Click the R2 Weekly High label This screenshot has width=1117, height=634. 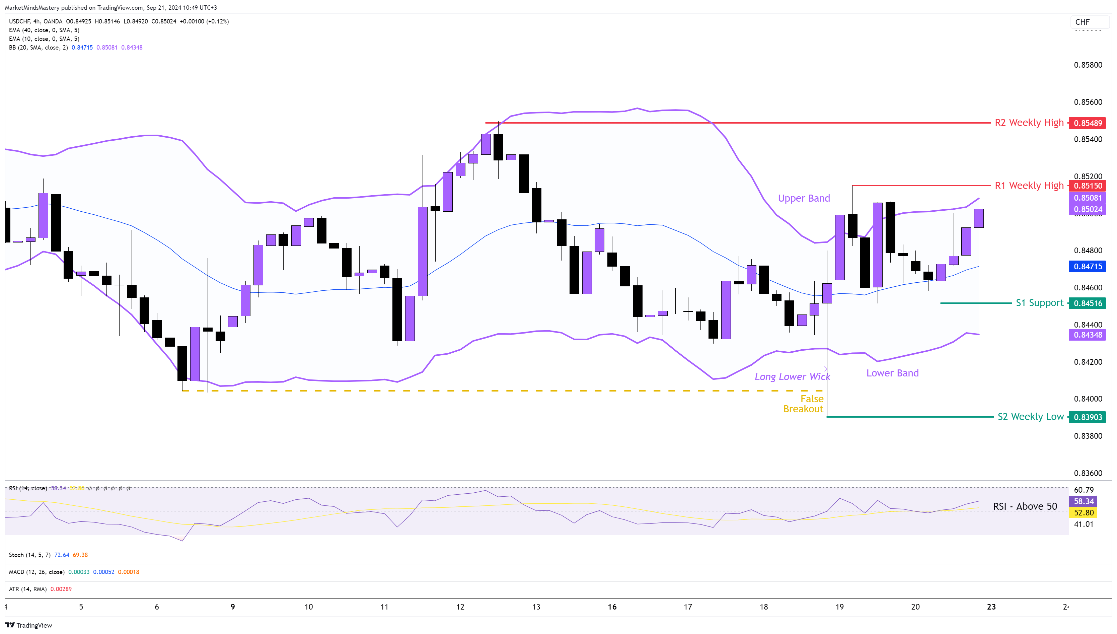1029,123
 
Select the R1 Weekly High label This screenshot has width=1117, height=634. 1029,186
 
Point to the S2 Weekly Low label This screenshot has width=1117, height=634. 1030,417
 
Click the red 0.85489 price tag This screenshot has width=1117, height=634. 1088,123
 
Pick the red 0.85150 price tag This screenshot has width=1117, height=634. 1088,186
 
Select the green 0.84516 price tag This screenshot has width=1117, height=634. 1088,303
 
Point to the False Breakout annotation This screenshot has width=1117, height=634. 803,404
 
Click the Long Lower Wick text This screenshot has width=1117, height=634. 792,377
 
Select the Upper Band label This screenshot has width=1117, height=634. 804,199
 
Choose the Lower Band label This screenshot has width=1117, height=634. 892,373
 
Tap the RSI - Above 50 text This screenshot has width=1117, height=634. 1024,506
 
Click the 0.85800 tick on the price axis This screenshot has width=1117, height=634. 1088,65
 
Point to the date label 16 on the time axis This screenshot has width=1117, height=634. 612,607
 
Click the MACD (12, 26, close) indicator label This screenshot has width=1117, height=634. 36,572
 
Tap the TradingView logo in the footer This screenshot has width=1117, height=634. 29,625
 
